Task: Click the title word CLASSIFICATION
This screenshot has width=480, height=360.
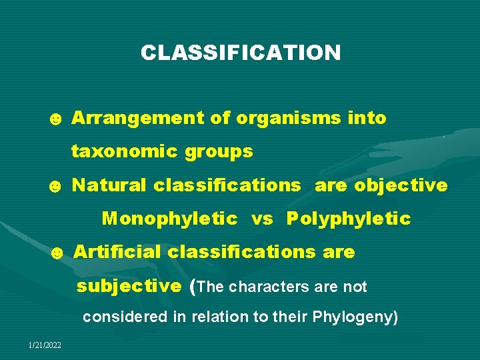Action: [x=240, y=53]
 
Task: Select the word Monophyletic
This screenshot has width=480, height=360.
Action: [x=170, y=219]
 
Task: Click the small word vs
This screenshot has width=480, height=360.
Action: [x=262, y=219]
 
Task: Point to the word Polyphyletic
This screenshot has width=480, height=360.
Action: [x=349, y=219]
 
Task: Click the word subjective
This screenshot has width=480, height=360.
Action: [x=129, y=287]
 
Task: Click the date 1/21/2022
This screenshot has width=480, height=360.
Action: [x=45, y=344]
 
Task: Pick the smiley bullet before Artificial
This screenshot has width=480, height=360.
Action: [x=57, y=253]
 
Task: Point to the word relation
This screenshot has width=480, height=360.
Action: [x=217, y=317]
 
